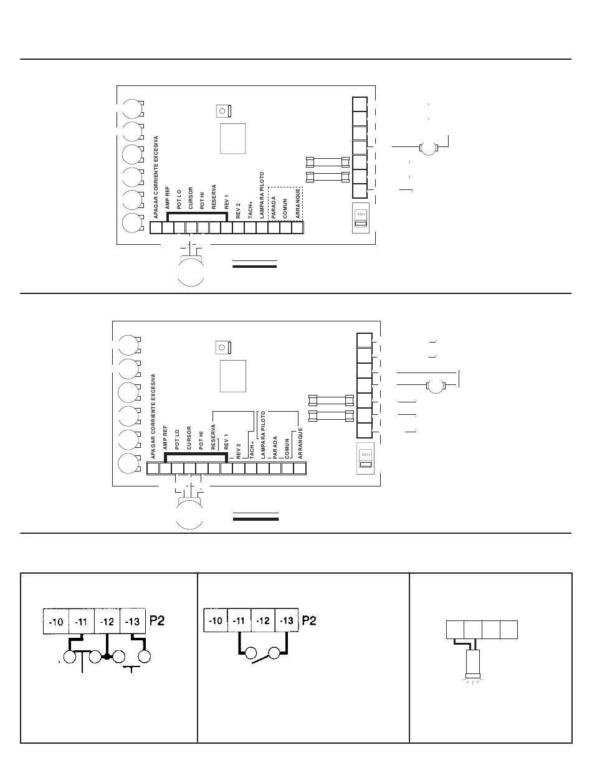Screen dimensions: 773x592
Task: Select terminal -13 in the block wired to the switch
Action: [x=287, y=621]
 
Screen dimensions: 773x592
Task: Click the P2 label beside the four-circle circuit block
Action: [x=157, y=621]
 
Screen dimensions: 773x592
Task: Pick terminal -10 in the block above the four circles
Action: [x=55, y=621]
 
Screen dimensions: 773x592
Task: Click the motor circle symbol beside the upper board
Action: [x=428, y=148]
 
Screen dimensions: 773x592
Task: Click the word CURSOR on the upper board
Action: [x=191, y=197]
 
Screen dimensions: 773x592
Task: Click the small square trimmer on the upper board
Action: [x=222, y=111]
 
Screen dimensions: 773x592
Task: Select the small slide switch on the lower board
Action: [x=362, y=459]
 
